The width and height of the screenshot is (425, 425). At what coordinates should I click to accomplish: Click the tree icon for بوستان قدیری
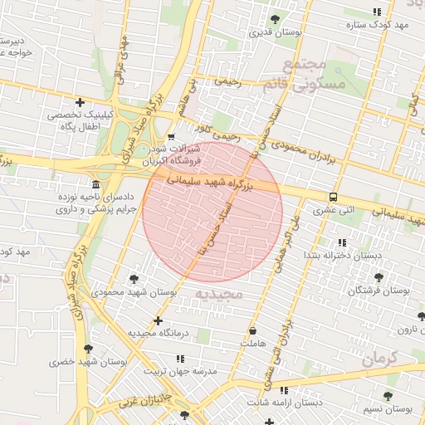(x=275, y=19)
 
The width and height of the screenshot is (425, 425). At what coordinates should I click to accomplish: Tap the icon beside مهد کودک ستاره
(x=378, y=12)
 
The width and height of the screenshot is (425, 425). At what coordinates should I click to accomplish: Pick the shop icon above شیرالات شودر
(x=171, y=137)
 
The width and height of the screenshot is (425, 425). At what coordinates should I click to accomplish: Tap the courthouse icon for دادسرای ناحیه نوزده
(x=96, y=184)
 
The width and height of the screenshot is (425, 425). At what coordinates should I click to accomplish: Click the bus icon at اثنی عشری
(x=333, y=198)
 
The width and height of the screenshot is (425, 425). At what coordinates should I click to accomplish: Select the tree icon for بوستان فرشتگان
(x=379, y=277)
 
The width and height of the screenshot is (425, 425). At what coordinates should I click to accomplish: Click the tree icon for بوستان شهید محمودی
(x=134, y=280)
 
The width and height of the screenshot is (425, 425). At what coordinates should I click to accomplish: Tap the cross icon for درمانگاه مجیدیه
(x=158, y=320)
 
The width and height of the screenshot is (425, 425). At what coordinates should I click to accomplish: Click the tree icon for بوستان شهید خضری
(x=88, y=349)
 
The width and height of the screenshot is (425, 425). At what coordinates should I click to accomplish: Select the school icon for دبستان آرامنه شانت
(x=284, y=389)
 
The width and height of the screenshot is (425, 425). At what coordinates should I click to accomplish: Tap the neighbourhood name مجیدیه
(x=220, y=295)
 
